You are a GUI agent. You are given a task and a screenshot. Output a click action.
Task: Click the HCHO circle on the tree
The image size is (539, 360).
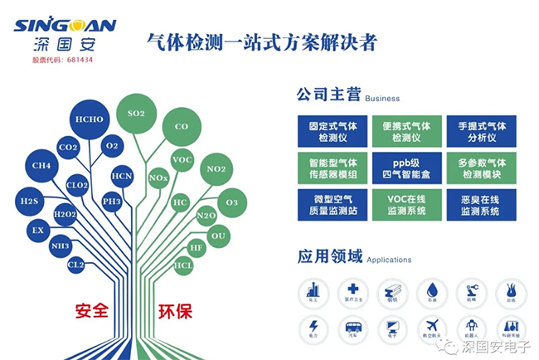89,119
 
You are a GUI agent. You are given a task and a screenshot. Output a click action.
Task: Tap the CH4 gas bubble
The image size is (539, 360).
41,165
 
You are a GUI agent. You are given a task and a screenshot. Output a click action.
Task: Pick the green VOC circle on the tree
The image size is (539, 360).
182,158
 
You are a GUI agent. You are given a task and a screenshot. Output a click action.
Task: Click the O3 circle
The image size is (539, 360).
231,202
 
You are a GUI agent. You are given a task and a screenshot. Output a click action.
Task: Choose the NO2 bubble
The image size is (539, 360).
216,169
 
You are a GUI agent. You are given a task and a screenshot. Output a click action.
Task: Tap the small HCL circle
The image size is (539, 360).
183,265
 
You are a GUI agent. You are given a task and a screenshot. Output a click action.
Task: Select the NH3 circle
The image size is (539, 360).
60,246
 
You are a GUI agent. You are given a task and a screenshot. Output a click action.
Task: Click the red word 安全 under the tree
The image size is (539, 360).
92,311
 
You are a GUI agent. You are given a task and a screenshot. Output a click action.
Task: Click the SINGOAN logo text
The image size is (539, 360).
64,25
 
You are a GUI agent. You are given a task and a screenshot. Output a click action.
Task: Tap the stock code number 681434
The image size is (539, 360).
79,60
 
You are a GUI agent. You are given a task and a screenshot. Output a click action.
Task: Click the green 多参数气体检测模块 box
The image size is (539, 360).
481,167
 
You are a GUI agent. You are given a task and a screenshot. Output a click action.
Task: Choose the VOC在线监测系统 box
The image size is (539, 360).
406,205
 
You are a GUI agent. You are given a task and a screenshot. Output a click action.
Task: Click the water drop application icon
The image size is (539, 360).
434,291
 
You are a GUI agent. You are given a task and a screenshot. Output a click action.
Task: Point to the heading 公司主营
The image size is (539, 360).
328,95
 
